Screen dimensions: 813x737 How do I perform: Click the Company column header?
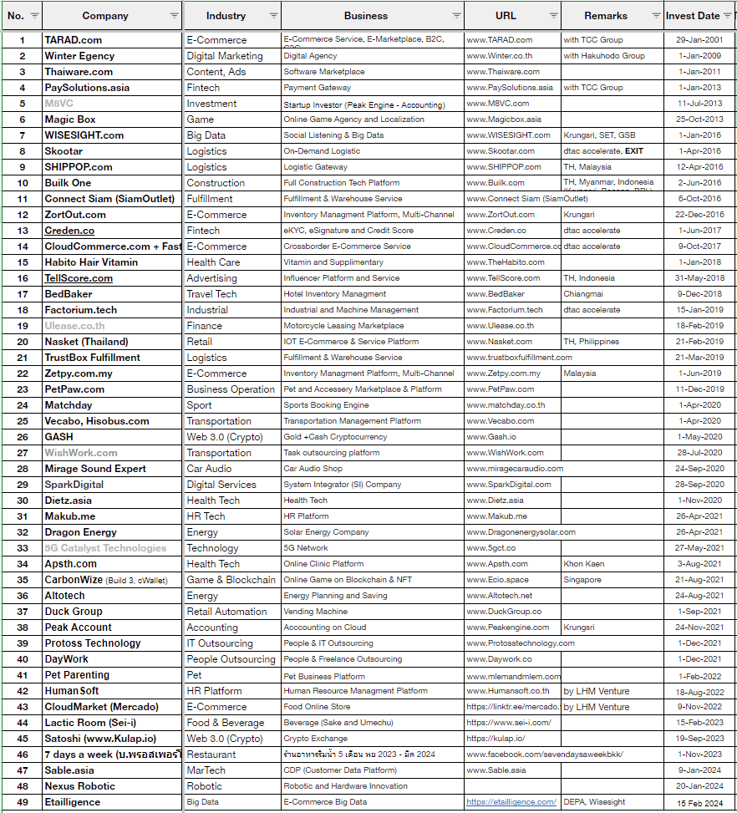105,16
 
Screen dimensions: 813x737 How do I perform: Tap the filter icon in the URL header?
553,16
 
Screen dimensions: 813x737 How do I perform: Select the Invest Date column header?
692,16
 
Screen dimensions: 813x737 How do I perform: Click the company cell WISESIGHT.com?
84,135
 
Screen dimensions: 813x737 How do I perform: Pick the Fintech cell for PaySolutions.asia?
203,88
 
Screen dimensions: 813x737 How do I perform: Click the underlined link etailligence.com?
511,802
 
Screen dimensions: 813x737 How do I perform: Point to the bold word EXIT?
633,151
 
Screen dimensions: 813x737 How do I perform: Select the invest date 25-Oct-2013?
699,119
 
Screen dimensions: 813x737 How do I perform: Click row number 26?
23,437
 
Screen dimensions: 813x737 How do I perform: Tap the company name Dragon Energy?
80,532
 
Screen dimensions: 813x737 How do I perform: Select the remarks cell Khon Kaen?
584,564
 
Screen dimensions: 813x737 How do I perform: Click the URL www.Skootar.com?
500,151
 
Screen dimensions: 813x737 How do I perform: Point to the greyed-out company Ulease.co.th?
74,326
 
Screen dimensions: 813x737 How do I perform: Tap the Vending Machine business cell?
315,612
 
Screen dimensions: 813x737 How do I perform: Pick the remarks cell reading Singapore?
582,580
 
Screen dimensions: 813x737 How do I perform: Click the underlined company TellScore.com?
79,278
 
